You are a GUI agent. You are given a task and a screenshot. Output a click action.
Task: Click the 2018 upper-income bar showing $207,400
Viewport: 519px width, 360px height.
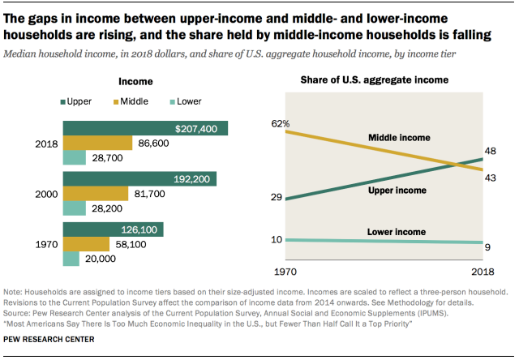[x=146, y=128]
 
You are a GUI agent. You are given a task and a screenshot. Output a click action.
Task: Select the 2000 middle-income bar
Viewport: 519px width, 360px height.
[x=95, y=194]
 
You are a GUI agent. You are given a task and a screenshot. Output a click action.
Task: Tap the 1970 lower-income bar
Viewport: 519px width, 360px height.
[x=71, y=259]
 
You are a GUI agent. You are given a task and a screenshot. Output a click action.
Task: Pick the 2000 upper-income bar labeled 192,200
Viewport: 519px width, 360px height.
[x=139, y=179]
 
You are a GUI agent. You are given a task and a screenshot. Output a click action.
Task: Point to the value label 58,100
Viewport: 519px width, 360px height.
[x=132, y=243]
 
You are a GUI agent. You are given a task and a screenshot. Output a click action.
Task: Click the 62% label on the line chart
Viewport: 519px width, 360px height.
[x=281, y=123]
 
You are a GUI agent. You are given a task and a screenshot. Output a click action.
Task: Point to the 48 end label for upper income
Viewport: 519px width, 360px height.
[x=491, y=151]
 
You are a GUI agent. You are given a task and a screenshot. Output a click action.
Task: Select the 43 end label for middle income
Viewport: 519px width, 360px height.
[x=491, y=178]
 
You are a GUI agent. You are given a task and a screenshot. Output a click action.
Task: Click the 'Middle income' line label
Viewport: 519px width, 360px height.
[x=399, y=138]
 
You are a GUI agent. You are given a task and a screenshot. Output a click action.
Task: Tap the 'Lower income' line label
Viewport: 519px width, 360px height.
[x=397, y=232]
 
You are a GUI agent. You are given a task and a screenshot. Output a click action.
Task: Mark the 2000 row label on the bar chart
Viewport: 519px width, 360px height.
[x=45, y=194]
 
